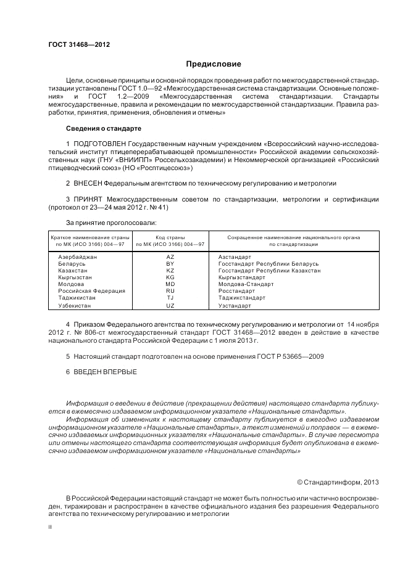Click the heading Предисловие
point(214,63)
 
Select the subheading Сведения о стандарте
point(103,128)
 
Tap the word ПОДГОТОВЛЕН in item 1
point(98,144)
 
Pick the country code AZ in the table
point(170,256)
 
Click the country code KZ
point(170,270)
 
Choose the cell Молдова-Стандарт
point(246,284)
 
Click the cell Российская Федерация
point(91,291)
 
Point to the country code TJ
point(170,298)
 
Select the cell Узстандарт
point(235,306)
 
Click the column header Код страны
point(170,237)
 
